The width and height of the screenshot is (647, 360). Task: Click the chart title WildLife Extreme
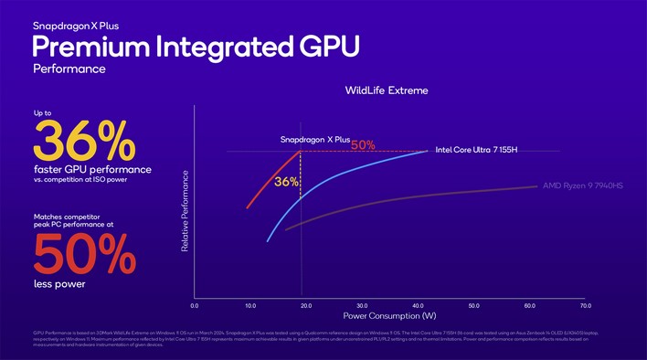coord(386,90)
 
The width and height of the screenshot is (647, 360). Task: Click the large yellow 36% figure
coord(83,141)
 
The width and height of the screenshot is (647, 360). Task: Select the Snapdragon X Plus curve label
coord(314,139)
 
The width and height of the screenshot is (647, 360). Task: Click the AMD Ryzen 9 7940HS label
coord(583,186)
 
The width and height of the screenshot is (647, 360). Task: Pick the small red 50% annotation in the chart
coord(363,144)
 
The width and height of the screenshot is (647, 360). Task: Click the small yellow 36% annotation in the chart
coord(286,182)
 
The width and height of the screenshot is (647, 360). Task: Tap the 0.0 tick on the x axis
coord(195,305)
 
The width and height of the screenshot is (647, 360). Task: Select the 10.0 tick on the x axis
coord(250,305)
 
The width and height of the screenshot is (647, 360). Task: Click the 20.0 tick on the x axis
coord(306,305)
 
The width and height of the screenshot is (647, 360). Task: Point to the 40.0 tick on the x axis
coord(418,305)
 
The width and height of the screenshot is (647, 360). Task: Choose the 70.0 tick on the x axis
coord(585,305)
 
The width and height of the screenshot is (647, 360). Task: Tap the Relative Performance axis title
coord(186,212)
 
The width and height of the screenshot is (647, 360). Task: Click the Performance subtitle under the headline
coord(69,69)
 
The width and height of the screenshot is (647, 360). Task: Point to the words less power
coord(59,284)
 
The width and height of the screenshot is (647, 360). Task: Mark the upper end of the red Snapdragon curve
coord(300,150)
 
